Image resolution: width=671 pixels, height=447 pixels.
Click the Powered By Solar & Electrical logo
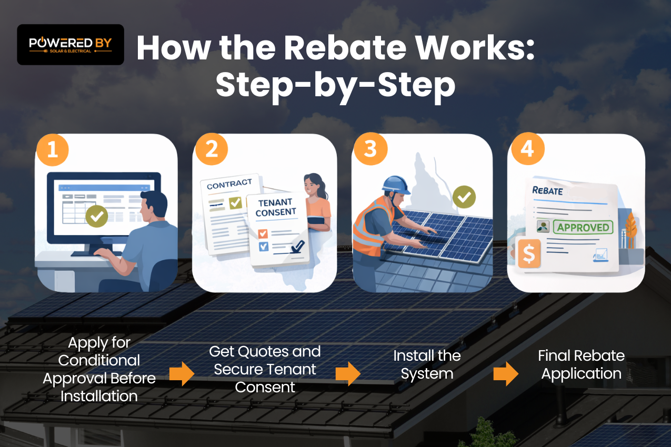click(71, 45)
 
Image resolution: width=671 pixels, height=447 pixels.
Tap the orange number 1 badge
click(53, 149)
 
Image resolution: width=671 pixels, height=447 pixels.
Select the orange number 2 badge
click(212, 149)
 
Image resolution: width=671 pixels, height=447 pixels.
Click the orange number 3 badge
click(370, 149)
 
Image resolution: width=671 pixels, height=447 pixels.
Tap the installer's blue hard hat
click(396, 184)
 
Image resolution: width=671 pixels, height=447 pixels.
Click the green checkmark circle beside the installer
click(464, 197)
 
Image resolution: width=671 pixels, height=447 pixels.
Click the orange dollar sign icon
click(529, 255)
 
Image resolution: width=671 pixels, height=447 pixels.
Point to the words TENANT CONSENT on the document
click(275, 207)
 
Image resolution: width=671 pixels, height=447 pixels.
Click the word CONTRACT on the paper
click(229, 184)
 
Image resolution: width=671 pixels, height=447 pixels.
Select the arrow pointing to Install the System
click(348, 373)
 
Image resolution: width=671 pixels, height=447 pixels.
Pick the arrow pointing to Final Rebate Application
click(506, 373)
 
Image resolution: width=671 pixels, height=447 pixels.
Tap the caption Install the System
click(427, 365)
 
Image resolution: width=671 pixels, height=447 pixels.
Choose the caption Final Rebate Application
click(581, 365)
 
